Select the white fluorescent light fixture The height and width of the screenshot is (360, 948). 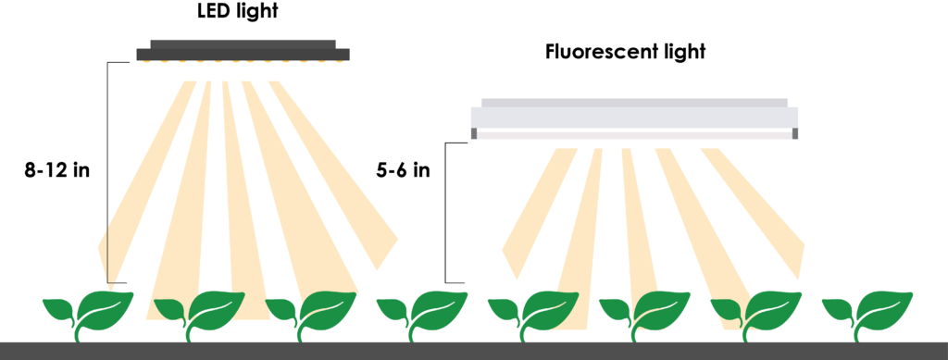[634, 118]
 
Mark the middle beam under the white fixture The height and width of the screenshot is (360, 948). [639, 222]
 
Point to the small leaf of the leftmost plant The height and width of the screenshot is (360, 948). [61, 308]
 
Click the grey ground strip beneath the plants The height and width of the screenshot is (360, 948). [474, 351]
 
